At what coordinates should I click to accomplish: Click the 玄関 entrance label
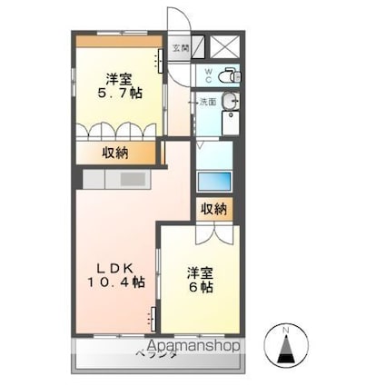(x=181, y=47)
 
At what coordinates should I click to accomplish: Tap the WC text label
(x=206, y=74)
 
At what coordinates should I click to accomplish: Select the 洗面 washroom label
(x=207, y=102)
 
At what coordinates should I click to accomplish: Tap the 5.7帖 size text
(x=117, y=92)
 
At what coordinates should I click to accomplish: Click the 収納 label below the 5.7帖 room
(x=115, y=153)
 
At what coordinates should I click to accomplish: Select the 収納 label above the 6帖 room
(x=214, y=209)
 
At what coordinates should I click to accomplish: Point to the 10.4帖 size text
(x=118, y=283)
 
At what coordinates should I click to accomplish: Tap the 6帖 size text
(x=201, y=287)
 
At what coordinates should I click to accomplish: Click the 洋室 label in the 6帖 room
(x=201, y=271)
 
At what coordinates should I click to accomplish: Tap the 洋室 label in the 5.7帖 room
(x=117, y=76)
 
